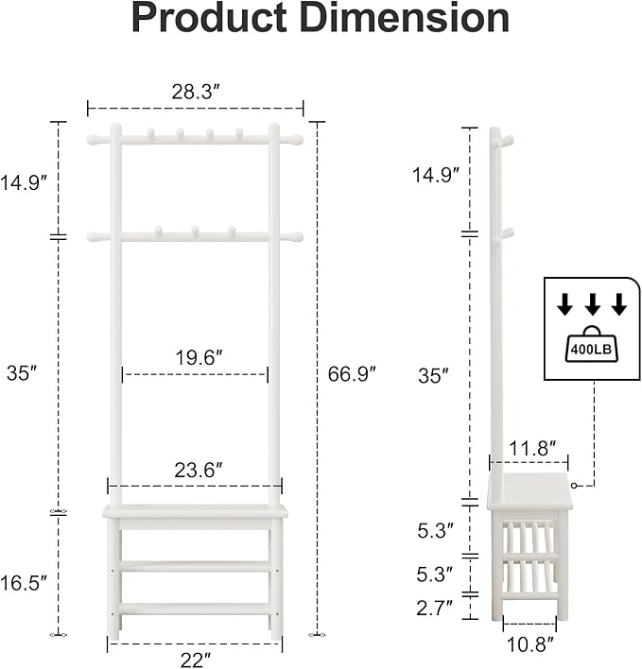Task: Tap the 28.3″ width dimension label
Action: [x=197, y=92]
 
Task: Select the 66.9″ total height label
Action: [x=352, y=373]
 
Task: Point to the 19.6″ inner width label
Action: [x=197, y=358]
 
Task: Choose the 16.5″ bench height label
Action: [x=24, y=583]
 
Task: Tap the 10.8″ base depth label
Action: [x=529, y=644]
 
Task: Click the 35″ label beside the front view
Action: [x=21, y=373]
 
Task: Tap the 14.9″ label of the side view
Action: [x=436, y=174]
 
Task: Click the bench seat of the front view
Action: [x=195, y=512]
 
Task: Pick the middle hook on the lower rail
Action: [x=195, y=231]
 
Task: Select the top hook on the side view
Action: [x=508, y=141]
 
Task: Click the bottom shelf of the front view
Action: [x=195, y=609]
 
